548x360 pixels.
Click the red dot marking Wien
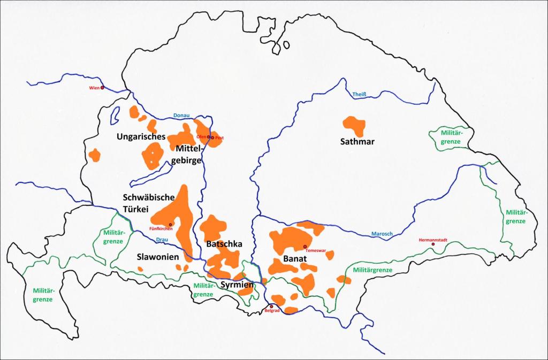click(x=102, y=88)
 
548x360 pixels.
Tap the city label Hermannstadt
click(x=432, y=239)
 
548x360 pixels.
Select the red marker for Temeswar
click(x=305, y=247)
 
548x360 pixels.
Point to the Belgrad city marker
click(x=271, y=307)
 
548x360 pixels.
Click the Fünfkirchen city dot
click(x=170, y=225)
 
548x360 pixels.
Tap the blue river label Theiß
click(x=359, y=95)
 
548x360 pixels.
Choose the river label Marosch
click(x=382, y=234)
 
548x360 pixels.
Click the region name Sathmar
click(x=357, y=142)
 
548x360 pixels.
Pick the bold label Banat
click(x=294, y=260)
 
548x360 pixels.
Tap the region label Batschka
click(x=224, y=244)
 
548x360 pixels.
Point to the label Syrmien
click(x=237, y=284)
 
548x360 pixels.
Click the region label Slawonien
click(x=157, y=257)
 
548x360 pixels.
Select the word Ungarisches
click(x=141, y=137)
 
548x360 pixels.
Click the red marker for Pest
click(x=212, y=137)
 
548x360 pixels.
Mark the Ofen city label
click(x=201, y=137)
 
